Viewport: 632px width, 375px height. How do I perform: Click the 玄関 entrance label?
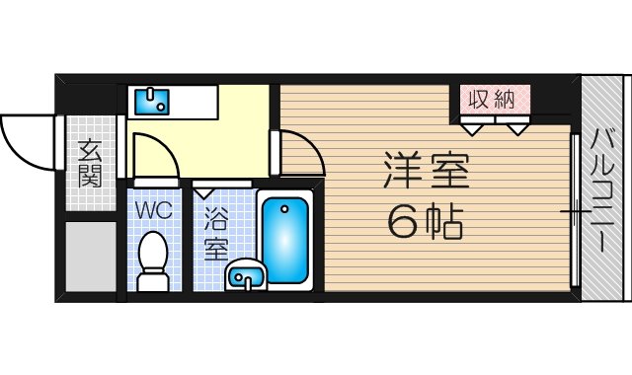tap(90, 164)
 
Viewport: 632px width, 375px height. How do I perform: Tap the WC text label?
tap(154, 210)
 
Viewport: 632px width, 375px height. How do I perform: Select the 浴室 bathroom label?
tap(216, 235)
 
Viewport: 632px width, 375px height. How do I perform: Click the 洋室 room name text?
tap(426, 170)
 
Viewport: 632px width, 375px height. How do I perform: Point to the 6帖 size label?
tap(426, 221)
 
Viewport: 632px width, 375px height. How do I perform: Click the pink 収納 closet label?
tap(492, 99)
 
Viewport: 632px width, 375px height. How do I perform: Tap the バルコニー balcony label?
tap(602, 190)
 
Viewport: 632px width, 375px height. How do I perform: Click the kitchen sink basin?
tap(151, 102)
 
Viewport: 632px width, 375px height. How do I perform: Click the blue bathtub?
tap(285, 241)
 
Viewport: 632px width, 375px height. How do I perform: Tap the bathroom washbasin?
tap(245, 274)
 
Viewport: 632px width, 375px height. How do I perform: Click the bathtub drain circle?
tap(285, 209)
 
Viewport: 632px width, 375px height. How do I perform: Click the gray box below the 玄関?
tap(91, 257)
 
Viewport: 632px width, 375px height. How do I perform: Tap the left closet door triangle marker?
tap(472, 129)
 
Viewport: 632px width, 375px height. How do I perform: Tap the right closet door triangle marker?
tap(517, 129)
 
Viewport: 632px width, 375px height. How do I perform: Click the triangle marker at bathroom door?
tap(204, 193)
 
